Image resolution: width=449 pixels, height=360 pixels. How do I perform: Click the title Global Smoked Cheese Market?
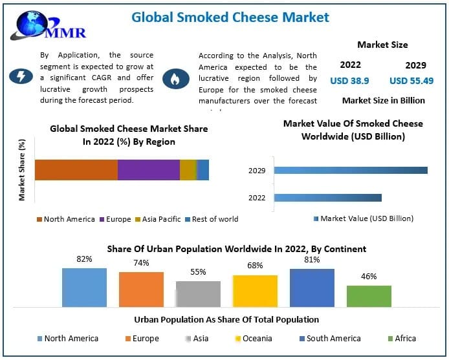tap(230, 17)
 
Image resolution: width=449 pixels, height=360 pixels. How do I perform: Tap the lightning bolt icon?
tap(21, 77)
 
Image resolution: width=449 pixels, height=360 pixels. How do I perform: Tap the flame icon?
tap(175, 78)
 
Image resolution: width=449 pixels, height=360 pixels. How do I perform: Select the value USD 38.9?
tap(350, 81)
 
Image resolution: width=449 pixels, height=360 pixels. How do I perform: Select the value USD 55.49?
tap(411, 81)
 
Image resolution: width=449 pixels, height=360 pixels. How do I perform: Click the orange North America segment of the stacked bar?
tap(76, 170)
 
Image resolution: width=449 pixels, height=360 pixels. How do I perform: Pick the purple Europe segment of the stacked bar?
tap(148, 170)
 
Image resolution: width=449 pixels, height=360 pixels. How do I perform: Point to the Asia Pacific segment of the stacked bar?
tap(188, 170)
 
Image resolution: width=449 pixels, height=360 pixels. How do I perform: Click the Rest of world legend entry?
tap(212, 219)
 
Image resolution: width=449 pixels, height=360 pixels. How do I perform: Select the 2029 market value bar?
tap(350, 171)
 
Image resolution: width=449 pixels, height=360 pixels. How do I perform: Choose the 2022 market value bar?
tap(327, 198)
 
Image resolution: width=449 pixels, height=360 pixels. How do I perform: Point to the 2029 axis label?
tap(257, 171)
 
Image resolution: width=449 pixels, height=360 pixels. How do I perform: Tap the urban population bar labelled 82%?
tap(84, 287)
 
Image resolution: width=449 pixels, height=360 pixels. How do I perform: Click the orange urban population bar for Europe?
tap(141, 289)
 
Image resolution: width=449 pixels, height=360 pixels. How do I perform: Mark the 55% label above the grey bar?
tap(198, 272)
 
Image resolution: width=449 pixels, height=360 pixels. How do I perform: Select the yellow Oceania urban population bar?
tap(255, 290)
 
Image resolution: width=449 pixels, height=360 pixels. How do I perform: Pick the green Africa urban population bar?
tap(369, 295)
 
